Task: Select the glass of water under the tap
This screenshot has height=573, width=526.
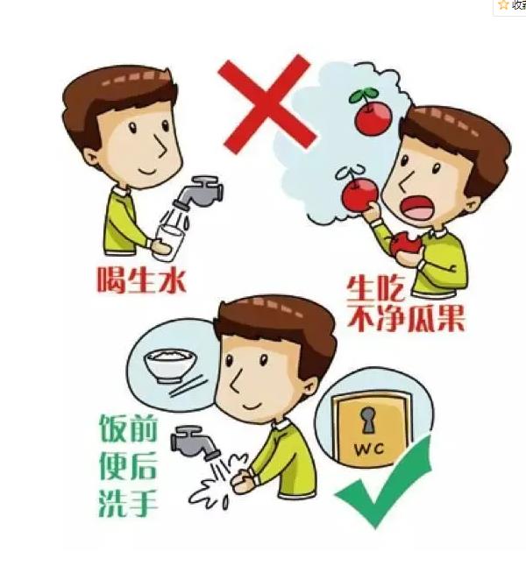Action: coord(170,237)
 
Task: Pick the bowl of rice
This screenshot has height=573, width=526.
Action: coord(166,365)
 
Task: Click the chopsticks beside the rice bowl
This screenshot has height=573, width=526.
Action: coord(188,386)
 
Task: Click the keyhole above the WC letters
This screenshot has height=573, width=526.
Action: coord(367,419)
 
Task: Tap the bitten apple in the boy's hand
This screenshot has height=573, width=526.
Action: coord(404,247)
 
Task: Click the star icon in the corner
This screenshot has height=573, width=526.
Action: coord(503,5)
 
